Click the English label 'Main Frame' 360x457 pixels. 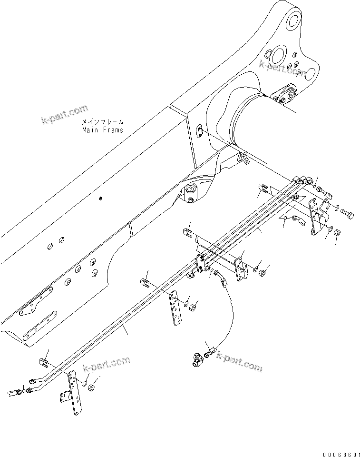102,129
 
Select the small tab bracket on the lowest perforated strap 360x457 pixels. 64,396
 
